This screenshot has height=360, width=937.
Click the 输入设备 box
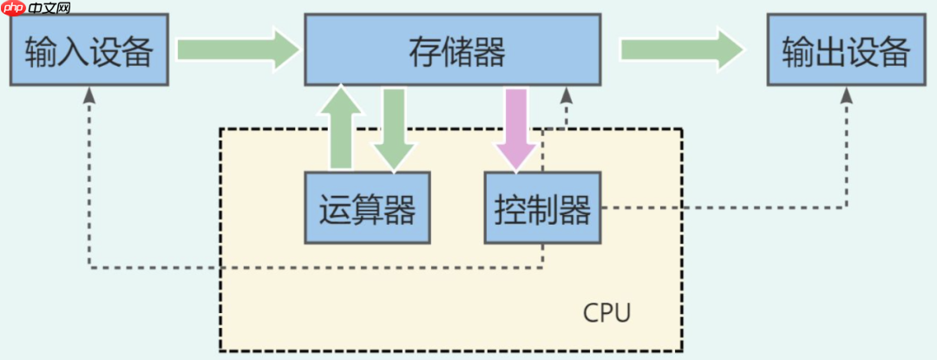89,52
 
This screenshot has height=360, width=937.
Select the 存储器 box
452,51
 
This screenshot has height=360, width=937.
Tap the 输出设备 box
846,52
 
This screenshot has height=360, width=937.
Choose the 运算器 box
368,208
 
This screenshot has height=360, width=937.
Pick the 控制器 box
543,208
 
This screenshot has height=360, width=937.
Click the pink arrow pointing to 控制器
518,129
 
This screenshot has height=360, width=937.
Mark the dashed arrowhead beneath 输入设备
89,96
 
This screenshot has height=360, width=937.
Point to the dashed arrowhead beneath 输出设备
846,96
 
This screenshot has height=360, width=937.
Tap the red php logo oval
14,9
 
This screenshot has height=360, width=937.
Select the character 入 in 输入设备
74,52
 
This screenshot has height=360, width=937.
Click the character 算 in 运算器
368,208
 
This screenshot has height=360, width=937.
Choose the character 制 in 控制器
543,208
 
